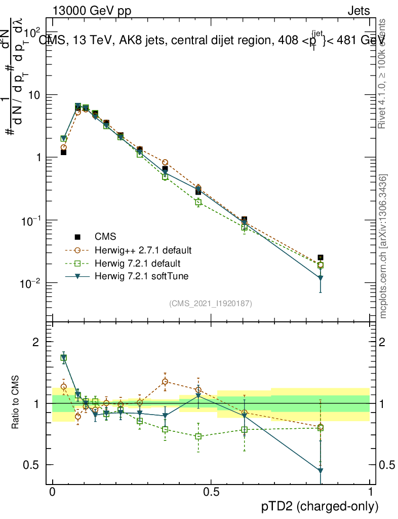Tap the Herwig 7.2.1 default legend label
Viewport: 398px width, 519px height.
point(137,264)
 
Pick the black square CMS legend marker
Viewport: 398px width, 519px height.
point(77,237)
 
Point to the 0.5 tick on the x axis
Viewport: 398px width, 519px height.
point(211,491)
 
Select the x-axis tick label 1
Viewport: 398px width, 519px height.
point(370,491)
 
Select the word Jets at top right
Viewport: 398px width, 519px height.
point(358,11)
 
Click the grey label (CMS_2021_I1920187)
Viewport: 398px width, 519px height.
point(211,303)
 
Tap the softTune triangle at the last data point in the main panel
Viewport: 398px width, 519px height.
point(320,278)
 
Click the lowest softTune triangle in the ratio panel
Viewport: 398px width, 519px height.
point(320,471)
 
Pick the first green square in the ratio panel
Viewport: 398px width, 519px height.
point(64,358)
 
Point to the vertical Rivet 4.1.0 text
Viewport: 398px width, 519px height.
point(383,73)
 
